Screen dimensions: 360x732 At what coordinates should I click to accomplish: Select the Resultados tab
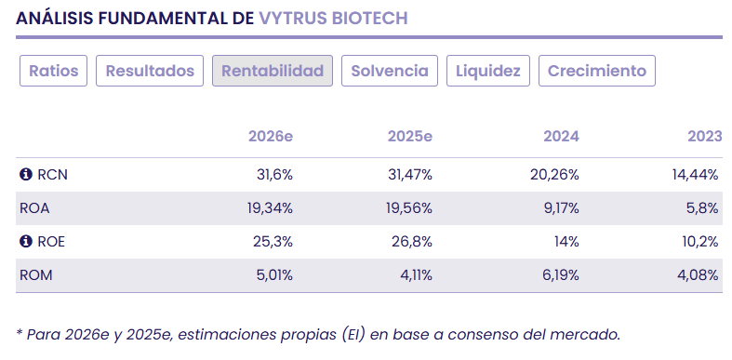coord(150,71)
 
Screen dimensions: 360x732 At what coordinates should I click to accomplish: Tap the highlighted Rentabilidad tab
coord(273,71)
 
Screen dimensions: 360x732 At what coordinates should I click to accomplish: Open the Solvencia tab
coord(390,71)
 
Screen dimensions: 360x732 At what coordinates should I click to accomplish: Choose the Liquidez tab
coord(488,71)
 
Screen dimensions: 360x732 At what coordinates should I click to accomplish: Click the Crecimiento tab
coord(597,71)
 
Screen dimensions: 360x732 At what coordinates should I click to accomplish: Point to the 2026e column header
coord(271,136)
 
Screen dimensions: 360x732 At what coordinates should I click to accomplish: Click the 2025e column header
coord(409,136)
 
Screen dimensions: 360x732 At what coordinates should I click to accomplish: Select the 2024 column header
coord(561,136)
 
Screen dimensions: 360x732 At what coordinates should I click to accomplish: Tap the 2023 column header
coord(704,136)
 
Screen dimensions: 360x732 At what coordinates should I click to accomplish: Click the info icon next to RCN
coord(26,175)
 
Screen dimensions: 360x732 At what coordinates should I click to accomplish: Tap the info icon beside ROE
coord(26,242)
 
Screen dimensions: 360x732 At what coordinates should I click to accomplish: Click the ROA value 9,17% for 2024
coord(559,208)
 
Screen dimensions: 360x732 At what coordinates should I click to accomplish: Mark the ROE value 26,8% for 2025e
coord(412,242)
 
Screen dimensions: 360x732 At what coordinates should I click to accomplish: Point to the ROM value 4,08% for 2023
coord(699,275)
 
